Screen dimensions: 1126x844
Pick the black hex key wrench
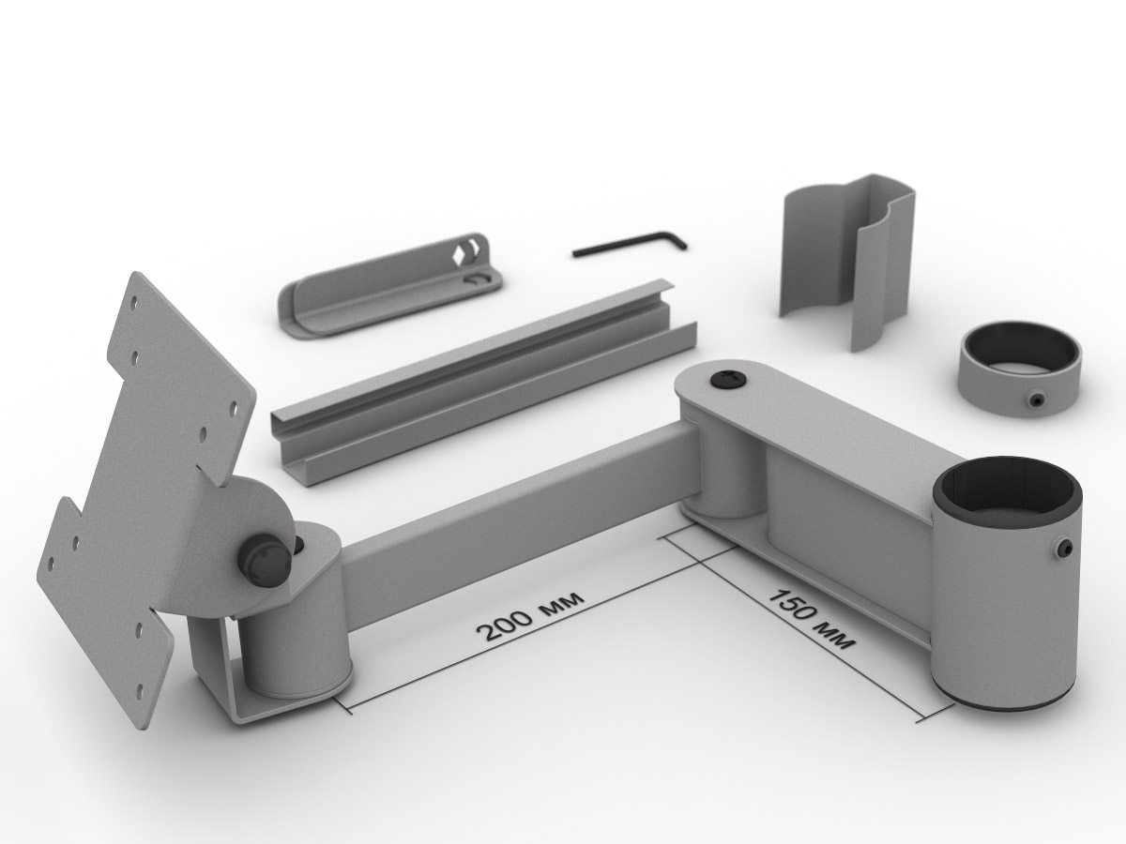[630, 244]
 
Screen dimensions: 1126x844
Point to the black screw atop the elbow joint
[727, 380]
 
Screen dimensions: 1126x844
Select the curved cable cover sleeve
[847, 262]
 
